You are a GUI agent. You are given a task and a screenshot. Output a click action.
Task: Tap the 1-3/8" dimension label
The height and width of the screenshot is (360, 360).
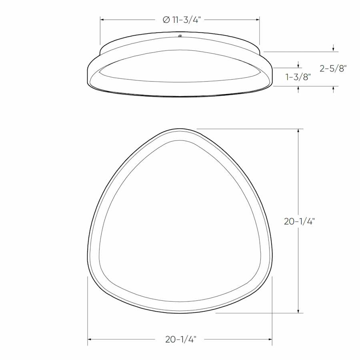298,77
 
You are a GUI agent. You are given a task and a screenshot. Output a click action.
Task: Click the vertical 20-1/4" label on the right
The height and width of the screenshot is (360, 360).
299,221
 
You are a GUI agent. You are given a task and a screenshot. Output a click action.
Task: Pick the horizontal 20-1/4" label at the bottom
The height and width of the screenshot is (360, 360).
180,340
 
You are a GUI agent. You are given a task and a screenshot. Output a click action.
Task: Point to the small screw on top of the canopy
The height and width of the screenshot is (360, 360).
180,36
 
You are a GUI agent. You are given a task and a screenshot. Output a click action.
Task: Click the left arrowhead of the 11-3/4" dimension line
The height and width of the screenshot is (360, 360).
102,19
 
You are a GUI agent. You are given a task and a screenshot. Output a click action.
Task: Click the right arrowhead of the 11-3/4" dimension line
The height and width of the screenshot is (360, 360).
258,19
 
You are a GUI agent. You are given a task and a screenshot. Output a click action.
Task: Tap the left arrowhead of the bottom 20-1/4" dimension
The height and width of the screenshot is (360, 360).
90,340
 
